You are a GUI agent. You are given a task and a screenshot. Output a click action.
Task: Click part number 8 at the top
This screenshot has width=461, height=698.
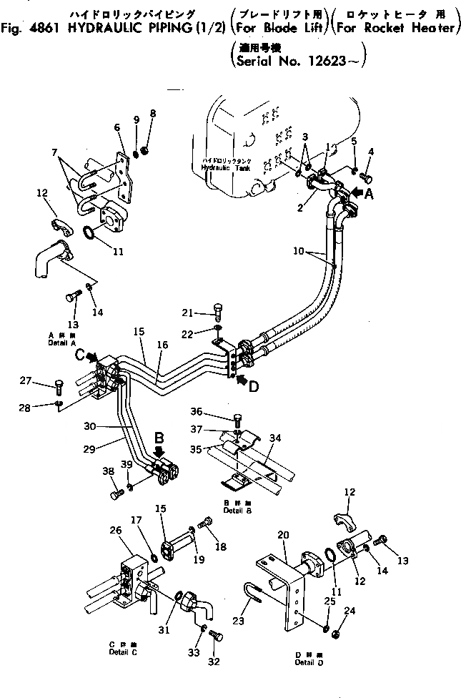(152, 114)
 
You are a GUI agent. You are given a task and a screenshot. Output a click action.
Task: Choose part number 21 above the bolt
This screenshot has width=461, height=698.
(188, 312)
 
